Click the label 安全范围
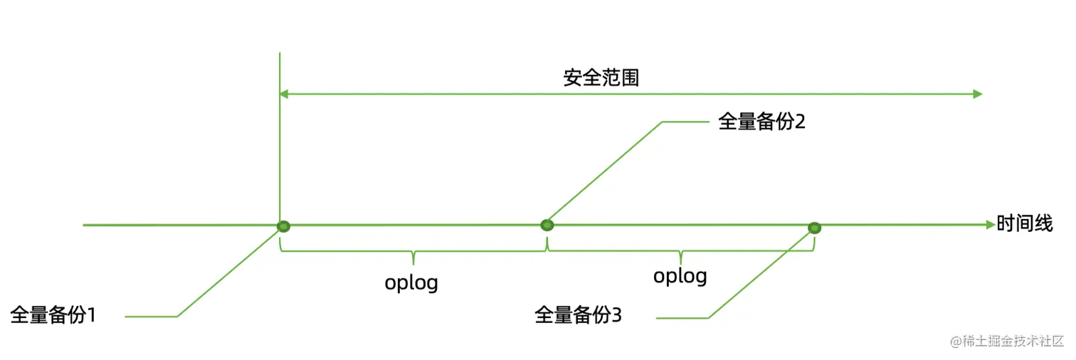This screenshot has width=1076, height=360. [x=601, y=78]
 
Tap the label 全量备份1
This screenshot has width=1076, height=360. [x=53, y=314]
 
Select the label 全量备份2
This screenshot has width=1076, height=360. [x=761, y=122]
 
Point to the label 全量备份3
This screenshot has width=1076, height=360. [x=578, y=315]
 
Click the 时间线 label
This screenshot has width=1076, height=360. [x=1024, y=224]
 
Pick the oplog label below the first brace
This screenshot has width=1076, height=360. [x=411, y=282]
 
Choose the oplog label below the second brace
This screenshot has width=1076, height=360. [x=680, y=275]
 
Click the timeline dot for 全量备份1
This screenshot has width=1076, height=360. [x=283, y=226]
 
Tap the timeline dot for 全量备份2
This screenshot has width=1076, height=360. [x=547, y=226]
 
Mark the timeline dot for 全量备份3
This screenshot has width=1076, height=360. [x=814, y=228]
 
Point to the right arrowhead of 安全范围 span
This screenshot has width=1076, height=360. [x=978, y=94]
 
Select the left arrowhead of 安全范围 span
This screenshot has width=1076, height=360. [x=284, y=94]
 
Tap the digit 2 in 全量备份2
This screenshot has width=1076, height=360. [x=799, y=122]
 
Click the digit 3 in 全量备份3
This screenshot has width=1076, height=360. [x=616, y=315]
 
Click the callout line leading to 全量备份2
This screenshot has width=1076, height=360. [x=605, y=171]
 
